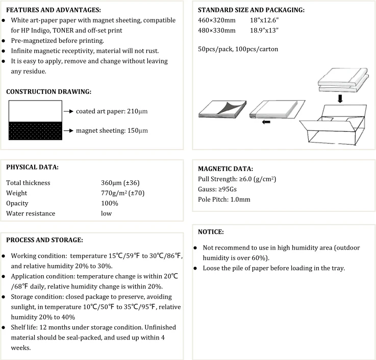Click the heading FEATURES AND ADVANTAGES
[x=54, y=10]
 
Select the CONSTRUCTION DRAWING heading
[x=49, y=92]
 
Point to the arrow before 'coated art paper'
[x=69, y=111]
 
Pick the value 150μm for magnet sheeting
[x=138, y=131]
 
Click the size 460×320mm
[x=217, y=20]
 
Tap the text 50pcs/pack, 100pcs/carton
[x=238, y=50]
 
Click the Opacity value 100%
[x=110, y=203]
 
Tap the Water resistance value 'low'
[x=106, y=213]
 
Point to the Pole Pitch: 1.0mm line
[x=224, y=199]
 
